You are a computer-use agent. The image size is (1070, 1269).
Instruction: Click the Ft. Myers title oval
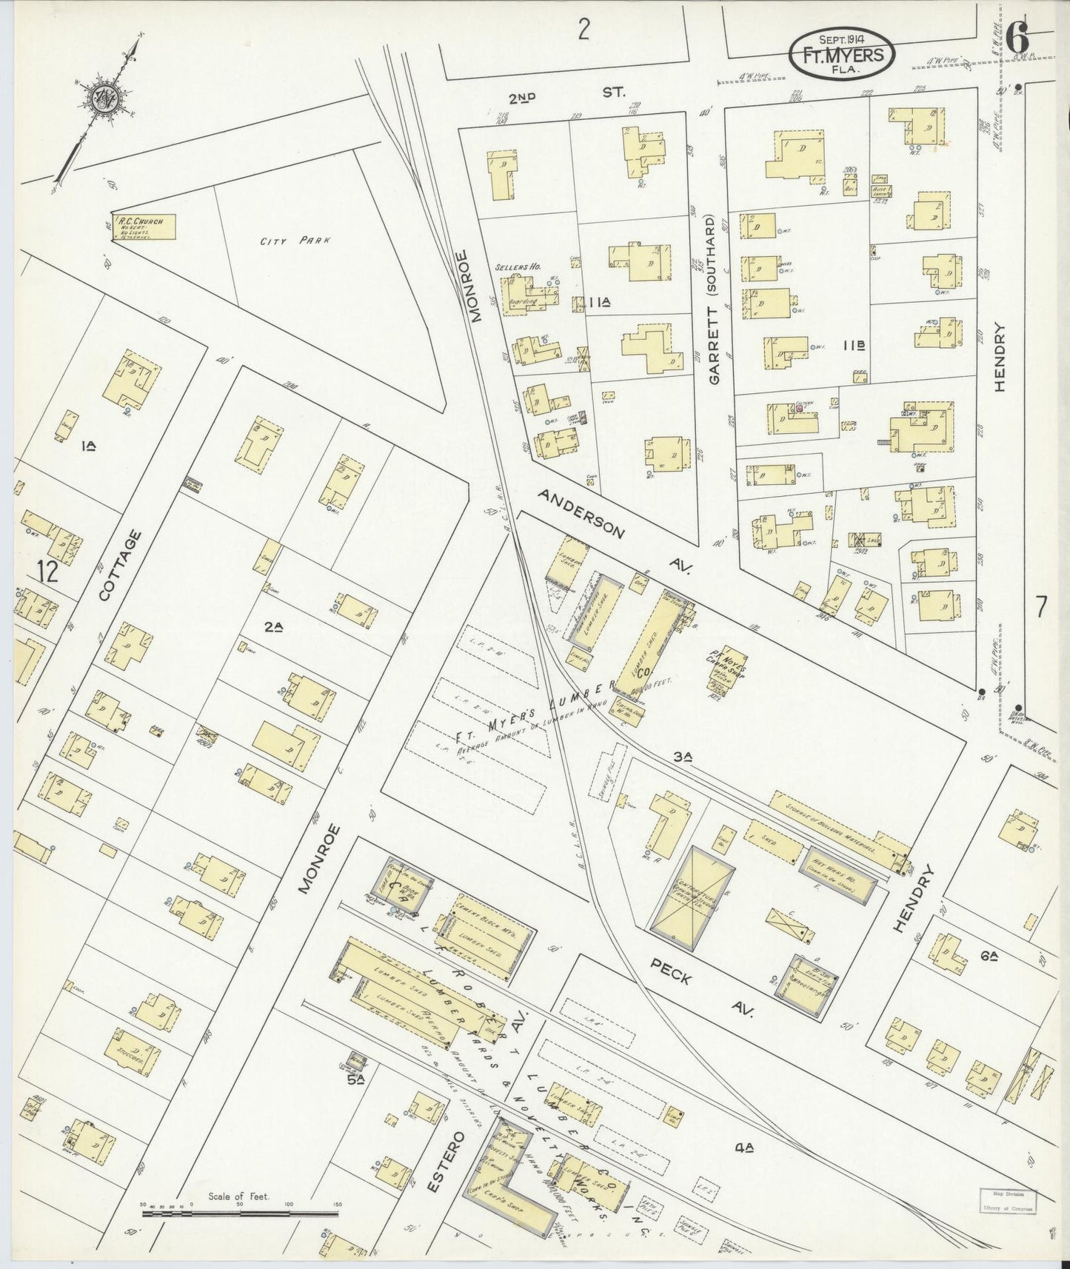[841, 55]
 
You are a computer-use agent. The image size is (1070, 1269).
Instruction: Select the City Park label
[284, 241]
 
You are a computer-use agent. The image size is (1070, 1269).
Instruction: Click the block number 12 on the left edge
[47, 572]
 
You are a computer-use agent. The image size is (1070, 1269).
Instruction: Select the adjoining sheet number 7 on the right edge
[1040, 607]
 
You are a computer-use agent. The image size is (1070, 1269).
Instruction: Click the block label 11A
[601, 302]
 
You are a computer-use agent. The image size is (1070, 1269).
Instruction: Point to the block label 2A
[273, 626]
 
